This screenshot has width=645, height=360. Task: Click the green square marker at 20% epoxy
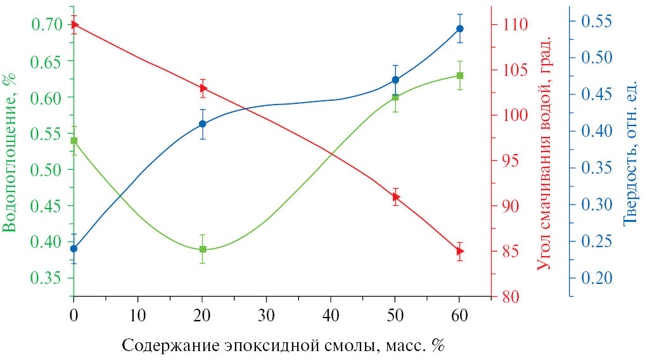(x=203, y=249)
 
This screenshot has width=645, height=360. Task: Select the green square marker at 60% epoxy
(x=459, y=75)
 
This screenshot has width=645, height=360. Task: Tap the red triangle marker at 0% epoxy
(x=74, y=25)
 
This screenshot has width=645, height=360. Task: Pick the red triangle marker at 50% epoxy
(x=395, y=197)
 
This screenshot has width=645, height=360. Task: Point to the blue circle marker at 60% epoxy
(x=459, y=29)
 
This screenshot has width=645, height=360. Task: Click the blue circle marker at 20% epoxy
(x=203, y=124)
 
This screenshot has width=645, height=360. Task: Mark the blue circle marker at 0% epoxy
(x=74, y=248)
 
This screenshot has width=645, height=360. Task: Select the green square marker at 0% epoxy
(x=74, y=141)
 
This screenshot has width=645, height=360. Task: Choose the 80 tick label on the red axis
(x=507, y=297)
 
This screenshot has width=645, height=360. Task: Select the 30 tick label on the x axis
(x=267, y=315)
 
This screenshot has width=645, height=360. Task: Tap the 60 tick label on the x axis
(x=459, y=315)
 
